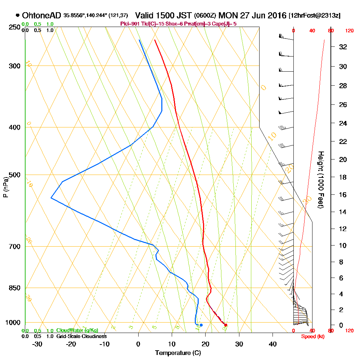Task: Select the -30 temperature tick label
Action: (37, 344)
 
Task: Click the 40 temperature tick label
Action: (273, 344)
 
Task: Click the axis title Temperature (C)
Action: (178, 353)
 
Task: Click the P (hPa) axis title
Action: (5, 187)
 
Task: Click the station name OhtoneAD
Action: (41, 15)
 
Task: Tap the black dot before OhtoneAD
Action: (18, 15)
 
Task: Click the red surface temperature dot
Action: (226, 325)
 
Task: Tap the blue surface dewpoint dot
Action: (201, 325)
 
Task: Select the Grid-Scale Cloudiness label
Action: (81, 336)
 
